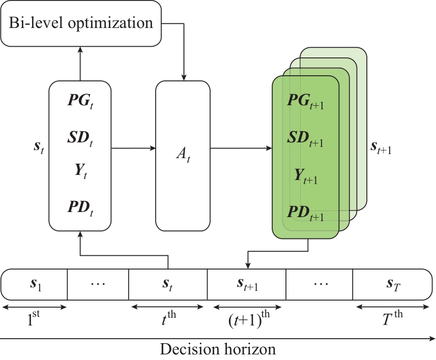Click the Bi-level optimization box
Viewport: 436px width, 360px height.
81,23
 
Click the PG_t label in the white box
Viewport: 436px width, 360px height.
80,100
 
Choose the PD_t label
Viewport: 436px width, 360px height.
80,208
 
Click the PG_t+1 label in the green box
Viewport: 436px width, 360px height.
306,101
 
